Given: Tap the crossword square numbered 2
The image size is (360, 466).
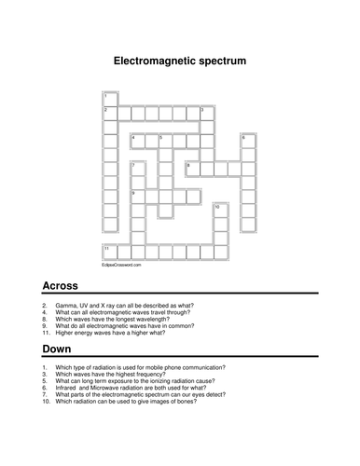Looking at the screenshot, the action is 109,113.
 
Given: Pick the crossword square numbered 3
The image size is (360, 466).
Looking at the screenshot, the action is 205,113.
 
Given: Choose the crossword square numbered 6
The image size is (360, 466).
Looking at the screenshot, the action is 247,141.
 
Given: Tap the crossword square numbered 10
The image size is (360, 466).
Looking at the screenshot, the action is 219,210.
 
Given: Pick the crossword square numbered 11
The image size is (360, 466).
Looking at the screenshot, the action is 109,252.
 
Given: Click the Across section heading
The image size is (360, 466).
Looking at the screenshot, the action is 61,285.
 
